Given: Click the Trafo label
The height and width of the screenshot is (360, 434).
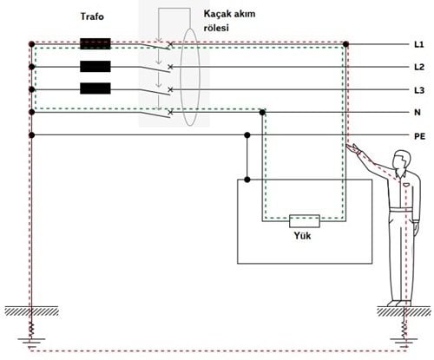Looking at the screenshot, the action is (92, 16).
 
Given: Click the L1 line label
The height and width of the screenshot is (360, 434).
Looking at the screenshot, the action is (418, 44).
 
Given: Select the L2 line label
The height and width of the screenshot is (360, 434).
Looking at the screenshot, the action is (419, 67).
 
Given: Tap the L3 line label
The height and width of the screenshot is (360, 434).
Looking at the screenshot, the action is (419, 90).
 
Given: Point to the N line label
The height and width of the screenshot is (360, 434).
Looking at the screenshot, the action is (418, 113).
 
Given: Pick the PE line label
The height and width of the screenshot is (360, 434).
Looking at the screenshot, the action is (419, 136).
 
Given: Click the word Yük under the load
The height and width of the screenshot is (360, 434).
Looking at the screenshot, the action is (302, 236).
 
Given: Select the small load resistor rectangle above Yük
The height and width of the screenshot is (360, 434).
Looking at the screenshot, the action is (305, 221).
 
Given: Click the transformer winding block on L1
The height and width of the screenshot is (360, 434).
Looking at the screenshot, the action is (95, 44).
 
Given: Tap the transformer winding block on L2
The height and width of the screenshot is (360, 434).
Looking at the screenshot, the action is (95, 67).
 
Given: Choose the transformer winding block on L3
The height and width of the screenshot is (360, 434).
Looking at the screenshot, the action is (95, 88).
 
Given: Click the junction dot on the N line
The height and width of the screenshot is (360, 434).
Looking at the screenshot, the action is (262, 112).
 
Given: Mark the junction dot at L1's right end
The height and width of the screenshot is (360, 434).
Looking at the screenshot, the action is (345, 44).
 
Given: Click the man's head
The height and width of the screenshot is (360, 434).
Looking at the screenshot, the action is (402, 160).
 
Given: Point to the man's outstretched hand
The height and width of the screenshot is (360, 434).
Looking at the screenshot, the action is (353, 148).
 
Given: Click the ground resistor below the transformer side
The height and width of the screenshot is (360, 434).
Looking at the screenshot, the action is (32, 328).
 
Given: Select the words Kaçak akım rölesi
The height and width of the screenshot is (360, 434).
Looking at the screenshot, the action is (229, 21).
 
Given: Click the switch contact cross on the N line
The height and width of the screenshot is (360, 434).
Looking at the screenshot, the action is (170, 112).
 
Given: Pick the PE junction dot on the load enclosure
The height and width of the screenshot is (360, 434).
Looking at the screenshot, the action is (247, 180).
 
